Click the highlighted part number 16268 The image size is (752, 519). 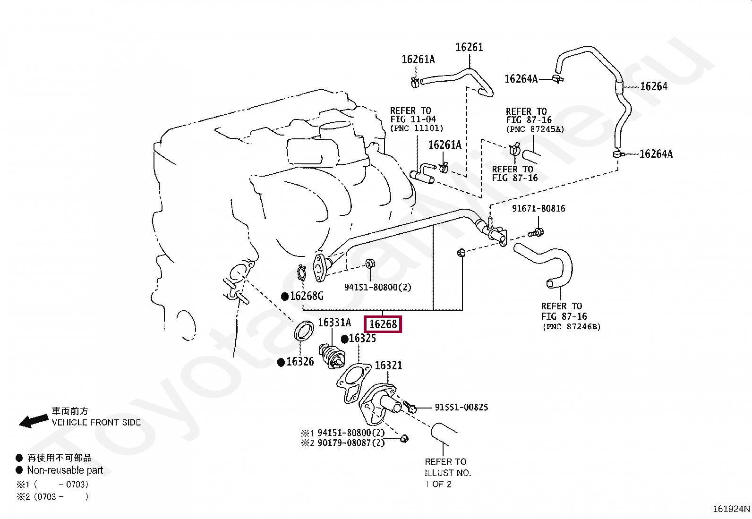tap(383, 324)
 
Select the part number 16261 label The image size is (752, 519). tap(469, 47)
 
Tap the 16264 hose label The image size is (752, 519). tap(654, 86)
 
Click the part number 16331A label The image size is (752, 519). tap(334, 323)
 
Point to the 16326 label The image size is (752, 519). tap(300, 362)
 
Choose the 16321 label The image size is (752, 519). tap(388, 366)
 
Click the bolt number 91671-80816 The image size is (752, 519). tap(538, 209)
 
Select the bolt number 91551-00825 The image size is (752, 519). tap(461, 408)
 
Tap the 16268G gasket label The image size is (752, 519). tap(307, 296)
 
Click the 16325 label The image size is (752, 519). tap(362, 339)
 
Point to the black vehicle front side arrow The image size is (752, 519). tap(33, 420)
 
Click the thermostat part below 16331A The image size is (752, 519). tap(333, 357)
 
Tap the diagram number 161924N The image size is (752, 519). tap(731, 509)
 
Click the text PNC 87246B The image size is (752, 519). tap(572, 327)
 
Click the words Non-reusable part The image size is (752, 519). tap(65, 470)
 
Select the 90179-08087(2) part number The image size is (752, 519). tap(351, 443)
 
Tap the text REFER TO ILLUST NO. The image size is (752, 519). tap(447, 468)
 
